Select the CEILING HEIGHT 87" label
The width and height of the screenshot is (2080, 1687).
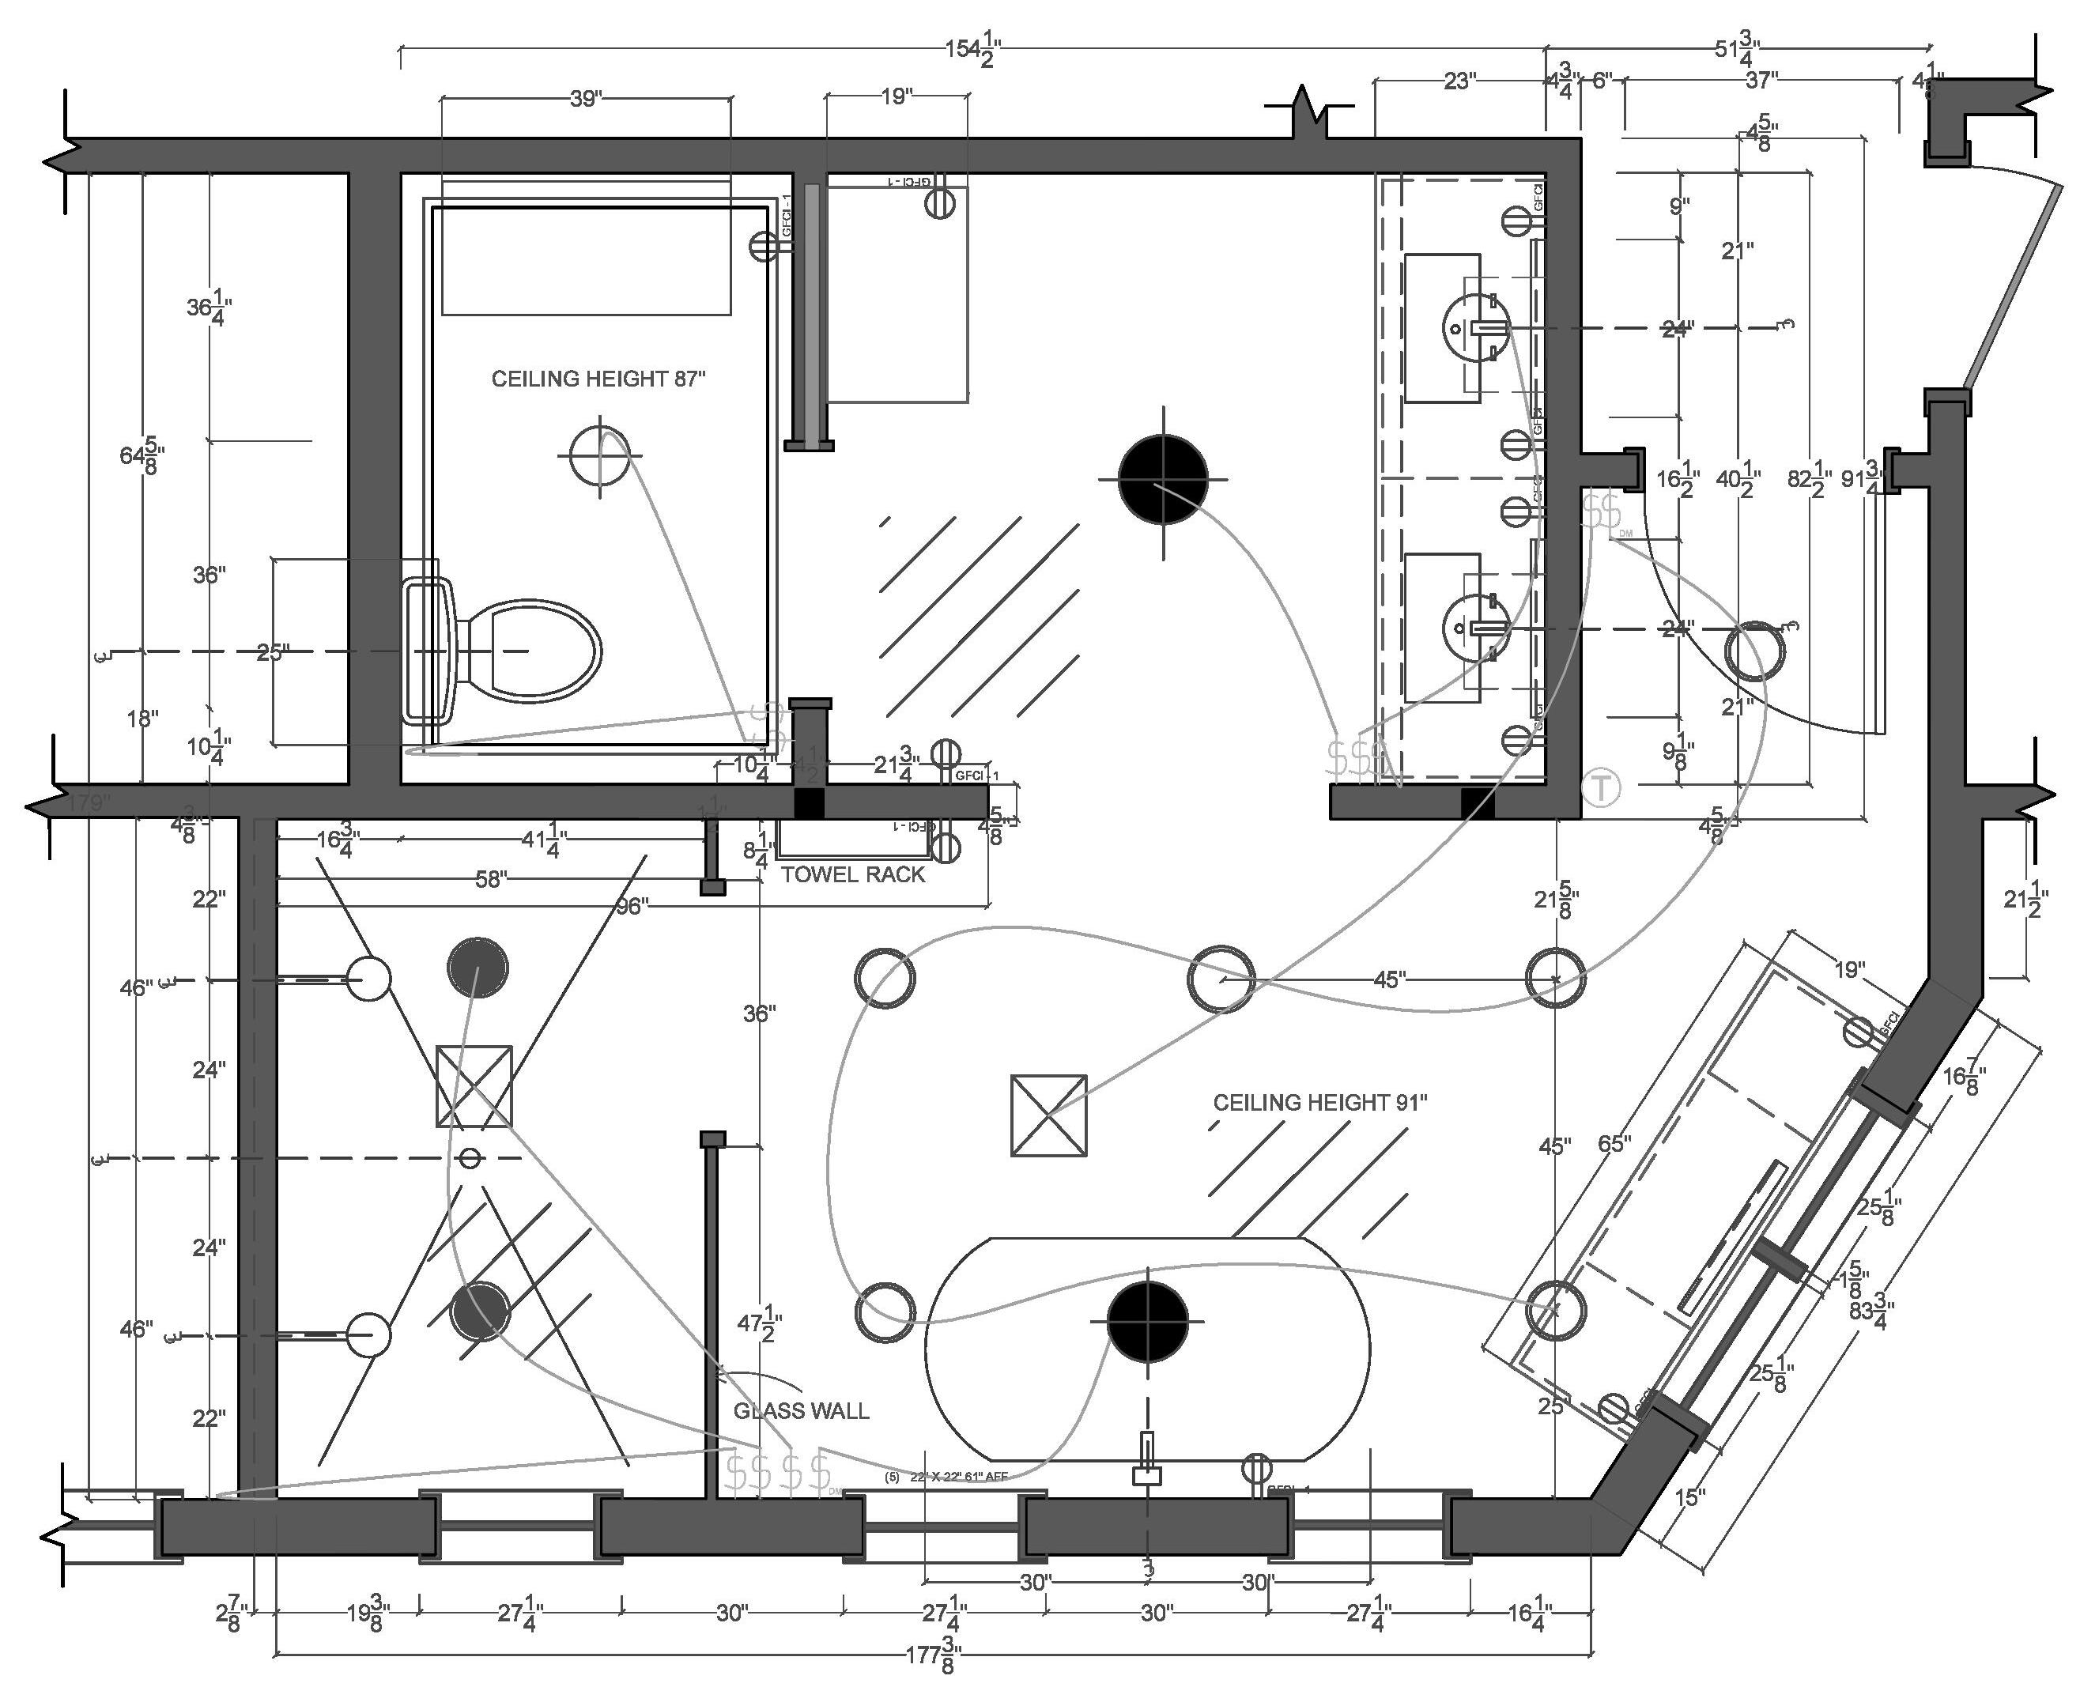pos(598,379)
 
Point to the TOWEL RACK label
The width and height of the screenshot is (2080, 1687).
pos(853,874)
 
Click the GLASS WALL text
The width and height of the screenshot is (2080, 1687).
pos(801,1411)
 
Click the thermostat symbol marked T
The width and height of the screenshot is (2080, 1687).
pos(1601,787)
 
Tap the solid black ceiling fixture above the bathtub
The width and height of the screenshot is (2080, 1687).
pos(1148,1321)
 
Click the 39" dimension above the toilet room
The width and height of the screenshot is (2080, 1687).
pos(585,98)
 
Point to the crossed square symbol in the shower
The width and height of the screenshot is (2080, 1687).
pos(474,1085)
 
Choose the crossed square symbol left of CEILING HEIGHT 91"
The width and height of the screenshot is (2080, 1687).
pos(1049,1115)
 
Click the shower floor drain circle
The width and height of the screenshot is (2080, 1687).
pos(470,1158)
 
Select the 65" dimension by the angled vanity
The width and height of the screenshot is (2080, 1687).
pos(1614,1144)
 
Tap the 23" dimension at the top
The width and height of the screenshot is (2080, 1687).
pos(1458,81)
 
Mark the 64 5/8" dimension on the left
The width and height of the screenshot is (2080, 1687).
pos(142,455)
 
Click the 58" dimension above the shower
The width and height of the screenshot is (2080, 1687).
pos(491,879)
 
